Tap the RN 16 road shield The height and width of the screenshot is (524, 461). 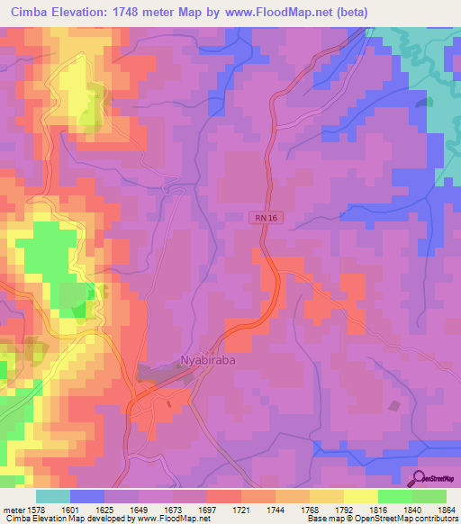(260, 217)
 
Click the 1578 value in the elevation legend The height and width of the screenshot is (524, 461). (36, 510)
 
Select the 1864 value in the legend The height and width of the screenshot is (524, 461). (446, 510)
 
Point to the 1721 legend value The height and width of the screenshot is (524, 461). (241, 510)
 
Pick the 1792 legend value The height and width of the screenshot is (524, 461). (344, 510)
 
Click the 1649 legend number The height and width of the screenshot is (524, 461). (139, 510)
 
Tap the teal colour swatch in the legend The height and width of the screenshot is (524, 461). (53, 496)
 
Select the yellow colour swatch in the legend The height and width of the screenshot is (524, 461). (360, 496)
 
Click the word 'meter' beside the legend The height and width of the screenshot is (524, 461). (13, 510)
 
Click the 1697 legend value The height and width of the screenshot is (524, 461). (207, 510)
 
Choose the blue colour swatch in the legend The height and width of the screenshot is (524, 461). (87, 496)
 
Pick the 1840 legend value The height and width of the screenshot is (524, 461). (412, 510)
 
